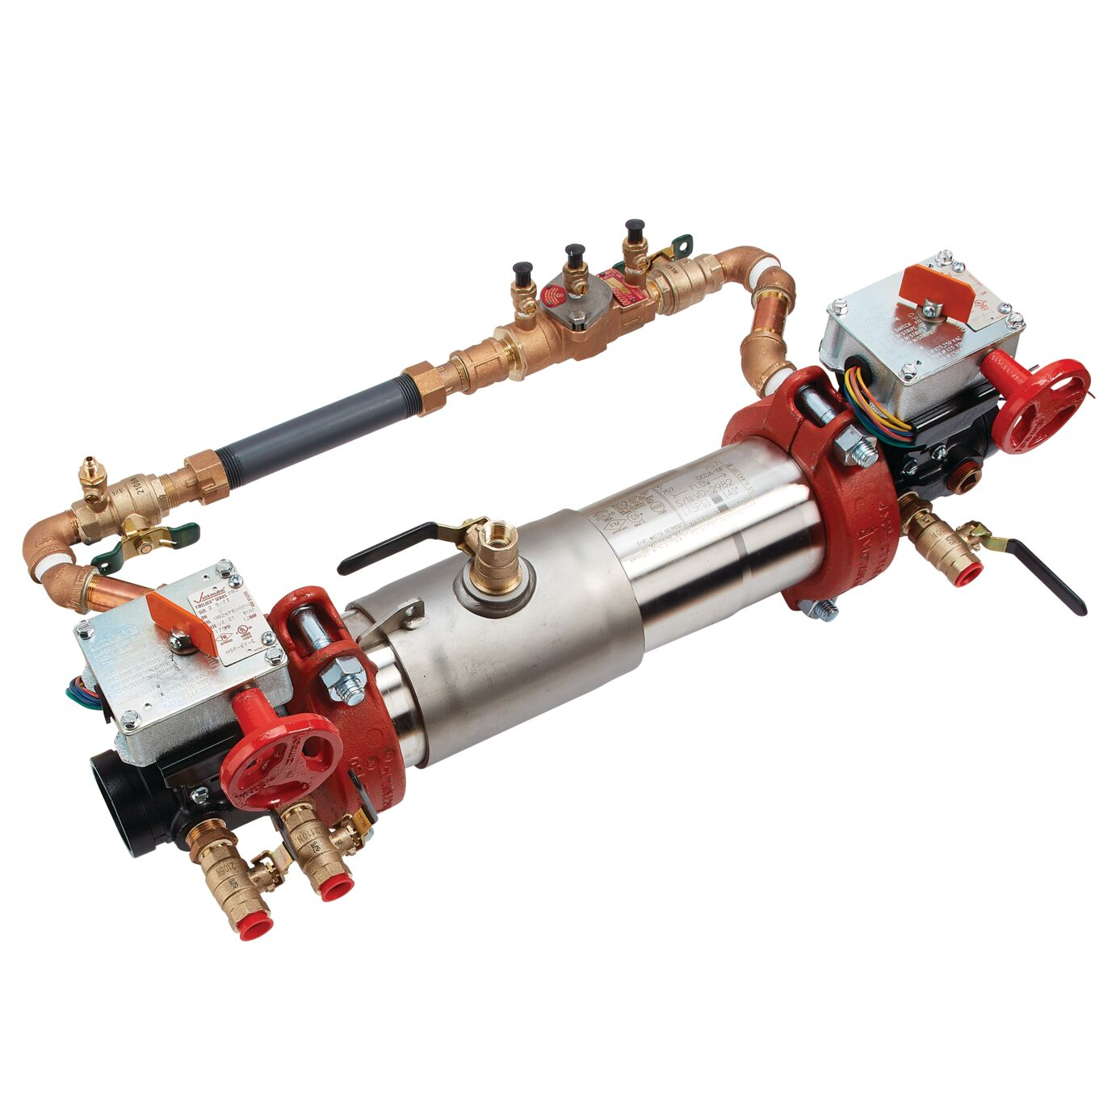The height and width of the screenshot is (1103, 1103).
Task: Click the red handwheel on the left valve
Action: pos(280,761)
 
